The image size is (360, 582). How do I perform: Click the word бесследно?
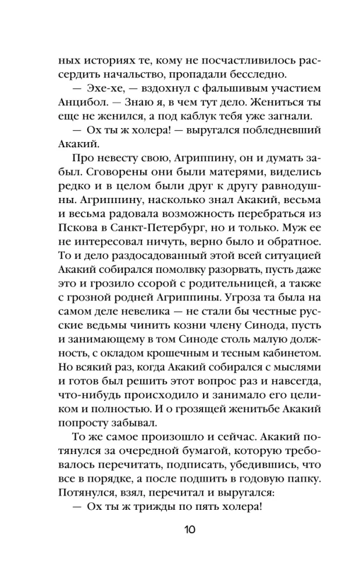point(260,74)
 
